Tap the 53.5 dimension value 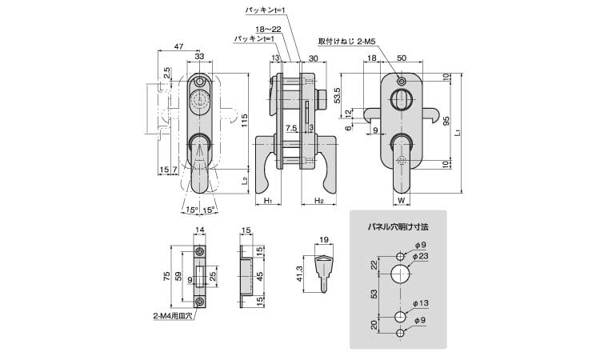point(338,94)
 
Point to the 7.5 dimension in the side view point(290,127)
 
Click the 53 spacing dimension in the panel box point(374,294)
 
